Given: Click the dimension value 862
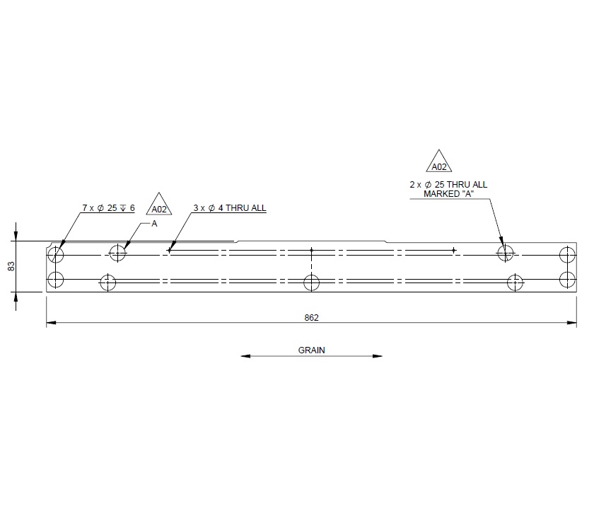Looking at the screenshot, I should [x=312, y=318].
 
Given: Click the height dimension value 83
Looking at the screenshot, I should [x=11, y=266].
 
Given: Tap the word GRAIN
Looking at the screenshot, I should [x=311, y=350].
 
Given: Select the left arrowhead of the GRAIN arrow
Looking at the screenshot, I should [x=245, y=356].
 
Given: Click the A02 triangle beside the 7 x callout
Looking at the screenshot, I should [x=159, y=206].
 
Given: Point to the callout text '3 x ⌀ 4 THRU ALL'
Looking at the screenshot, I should [x=230, y=208].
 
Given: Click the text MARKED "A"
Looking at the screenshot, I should [x=448, y=193].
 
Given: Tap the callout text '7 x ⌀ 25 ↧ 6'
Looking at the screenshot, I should [x=108, y=208].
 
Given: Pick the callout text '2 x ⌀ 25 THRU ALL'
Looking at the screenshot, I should [x=448, y=185].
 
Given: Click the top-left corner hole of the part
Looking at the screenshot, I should [x=56, y=253].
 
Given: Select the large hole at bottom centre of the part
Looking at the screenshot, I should [x=311, y=282].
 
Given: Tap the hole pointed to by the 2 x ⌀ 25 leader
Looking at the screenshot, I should [x=505, y=253].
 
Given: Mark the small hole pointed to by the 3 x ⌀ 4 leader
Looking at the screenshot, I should [x=170, y=249].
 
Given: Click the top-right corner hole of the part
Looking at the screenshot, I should [x=566, y=253].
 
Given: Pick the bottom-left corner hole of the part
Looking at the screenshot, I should [x=56, y=280].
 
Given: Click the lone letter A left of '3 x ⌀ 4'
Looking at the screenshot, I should [x=154, y=224].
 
